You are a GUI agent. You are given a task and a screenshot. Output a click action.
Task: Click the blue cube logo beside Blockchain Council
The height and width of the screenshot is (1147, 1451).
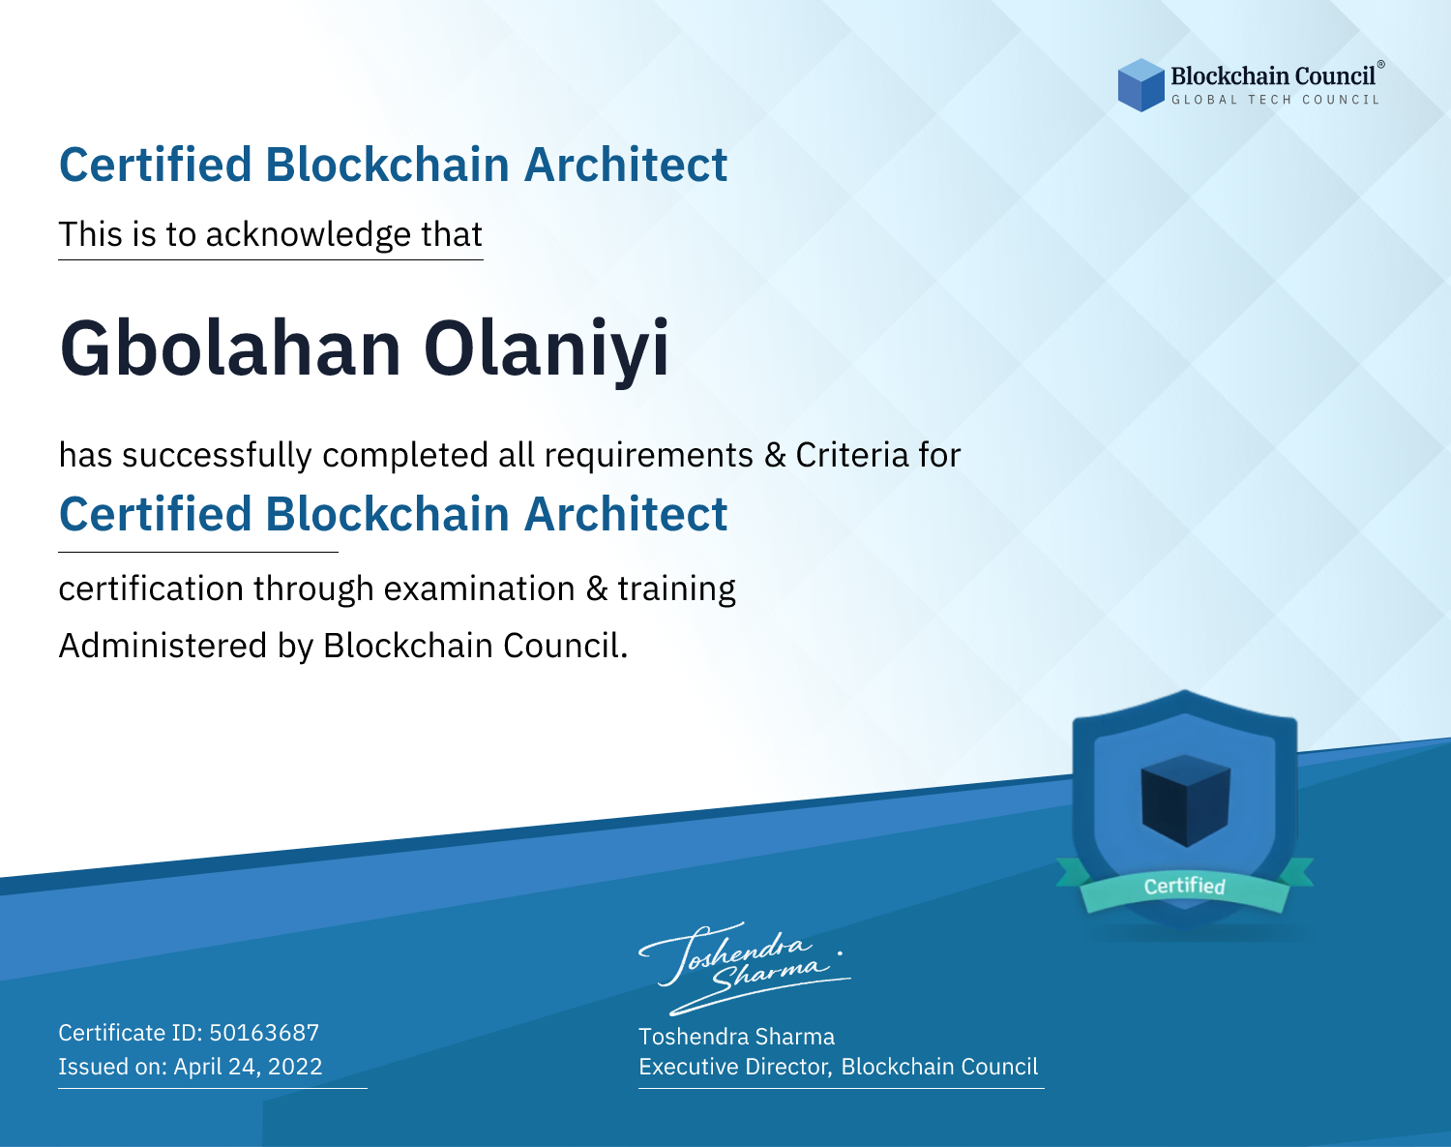pos(1140,85)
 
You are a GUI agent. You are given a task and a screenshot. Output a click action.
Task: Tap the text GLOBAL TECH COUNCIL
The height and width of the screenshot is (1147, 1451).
pos(1276,100)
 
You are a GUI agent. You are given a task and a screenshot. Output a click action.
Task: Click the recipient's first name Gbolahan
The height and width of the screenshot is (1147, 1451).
pos(230,348)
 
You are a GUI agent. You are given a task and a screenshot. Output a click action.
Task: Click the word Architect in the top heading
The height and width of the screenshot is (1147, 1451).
pos(626,165)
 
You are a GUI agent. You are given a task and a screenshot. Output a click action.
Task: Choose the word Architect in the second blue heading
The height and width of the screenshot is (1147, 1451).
pos(626,514)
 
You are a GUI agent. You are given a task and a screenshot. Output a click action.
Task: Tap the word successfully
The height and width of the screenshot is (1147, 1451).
pos(217,456)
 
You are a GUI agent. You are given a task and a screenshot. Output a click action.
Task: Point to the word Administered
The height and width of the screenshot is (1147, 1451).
pos(163,645)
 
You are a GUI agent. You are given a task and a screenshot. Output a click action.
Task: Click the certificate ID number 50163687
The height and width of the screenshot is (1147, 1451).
pos(264,1032)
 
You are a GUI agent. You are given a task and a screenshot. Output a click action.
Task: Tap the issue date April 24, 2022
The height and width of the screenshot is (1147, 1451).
pos(248,1066)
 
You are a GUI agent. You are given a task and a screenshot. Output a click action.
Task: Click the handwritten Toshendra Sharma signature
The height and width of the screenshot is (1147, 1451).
pos(744,968)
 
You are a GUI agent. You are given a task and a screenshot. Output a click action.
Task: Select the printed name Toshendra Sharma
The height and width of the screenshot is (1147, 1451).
pos(736,1036)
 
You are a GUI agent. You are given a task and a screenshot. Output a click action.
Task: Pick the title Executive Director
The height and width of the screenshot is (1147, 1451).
pos(734,1067)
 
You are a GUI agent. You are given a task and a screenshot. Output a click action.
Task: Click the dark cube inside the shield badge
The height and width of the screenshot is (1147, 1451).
pos(1185,800)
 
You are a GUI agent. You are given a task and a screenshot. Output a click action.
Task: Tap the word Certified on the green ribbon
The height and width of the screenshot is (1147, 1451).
pos(1185,886)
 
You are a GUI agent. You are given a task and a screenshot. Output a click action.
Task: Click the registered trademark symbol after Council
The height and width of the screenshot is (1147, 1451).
pos(1381,65)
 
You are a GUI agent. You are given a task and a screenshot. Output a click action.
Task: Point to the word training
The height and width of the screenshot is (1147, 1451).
pos(676,589)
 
